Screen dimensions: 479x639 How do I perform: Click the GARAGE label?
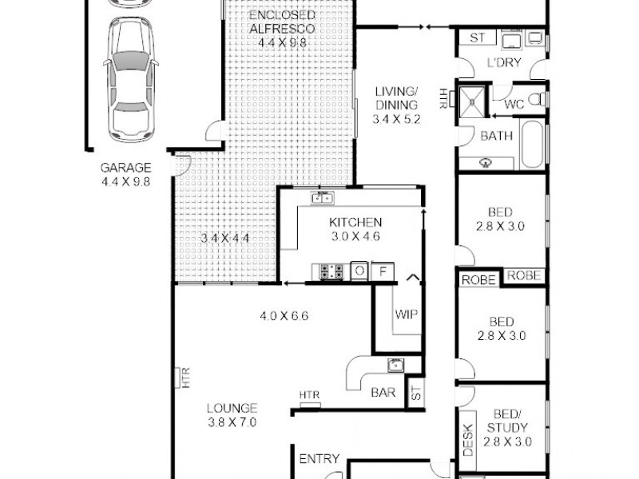coord(125,168)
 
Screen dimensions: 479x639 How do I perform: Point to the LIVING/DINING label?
coord(396,105)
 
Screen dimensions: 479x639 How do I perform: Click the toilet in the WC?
coord(540,99)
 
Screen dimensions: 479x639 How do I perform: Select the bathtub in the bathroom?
coord(532,144)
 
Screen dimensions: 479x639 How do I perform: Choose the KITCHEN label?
coord(355,222)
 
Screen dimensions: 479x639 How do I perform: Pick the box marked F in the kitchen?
coord(383,271)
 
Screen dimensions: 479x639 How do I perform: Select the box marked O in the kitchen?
coord(359,271)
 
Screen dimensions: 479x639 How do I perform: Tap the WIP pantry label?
coord(406,313)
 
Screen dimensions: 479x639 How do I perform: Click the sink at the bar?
coord(395,366)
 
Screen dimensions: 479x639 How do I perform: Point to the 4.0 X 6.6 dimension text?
coord(284,315)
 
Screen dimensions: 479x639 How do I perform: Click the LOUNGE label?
coord(230,407)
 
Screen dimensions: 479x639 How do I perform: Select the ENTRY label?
coord(319,459)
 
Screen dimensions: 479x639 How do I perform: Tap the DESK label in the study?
coord(468,440)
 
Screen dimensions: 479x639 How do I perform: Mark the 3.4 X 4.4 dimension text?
coord(225,238)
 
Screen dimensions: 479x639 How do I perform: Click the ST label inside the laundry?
coord(478,38)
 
